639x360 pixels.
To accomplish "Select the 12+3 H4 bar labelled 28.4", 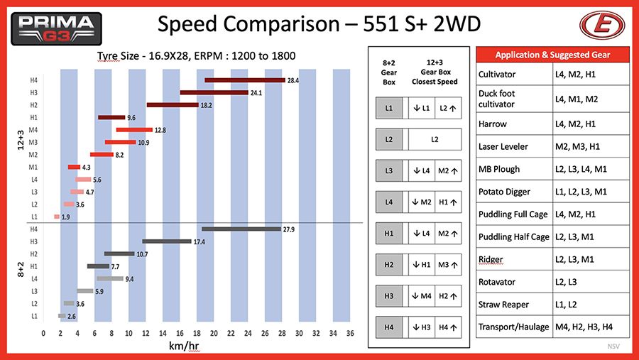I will click(244, 80).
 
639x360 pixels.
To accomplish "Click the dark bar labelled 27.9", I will click(241, 229).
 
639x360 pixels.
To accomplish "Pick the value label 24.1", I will click(256, 93).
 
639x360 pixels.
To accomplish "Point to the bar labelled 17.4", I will click(167, 241).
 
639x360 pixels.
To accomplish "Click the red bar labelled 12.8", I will click(134, 130).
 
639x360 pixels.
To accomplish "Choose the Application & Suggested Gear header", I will click(552, 55).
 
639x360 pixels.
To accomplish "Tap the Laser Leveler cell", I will click(503, 146).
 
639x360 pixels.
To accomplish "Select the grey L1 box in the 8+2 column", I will click(389, 109).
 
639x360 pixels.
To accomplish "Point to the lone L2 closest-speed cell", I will click(435, 140).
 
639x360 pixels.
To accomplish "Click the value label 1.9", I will click(66, 217).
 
